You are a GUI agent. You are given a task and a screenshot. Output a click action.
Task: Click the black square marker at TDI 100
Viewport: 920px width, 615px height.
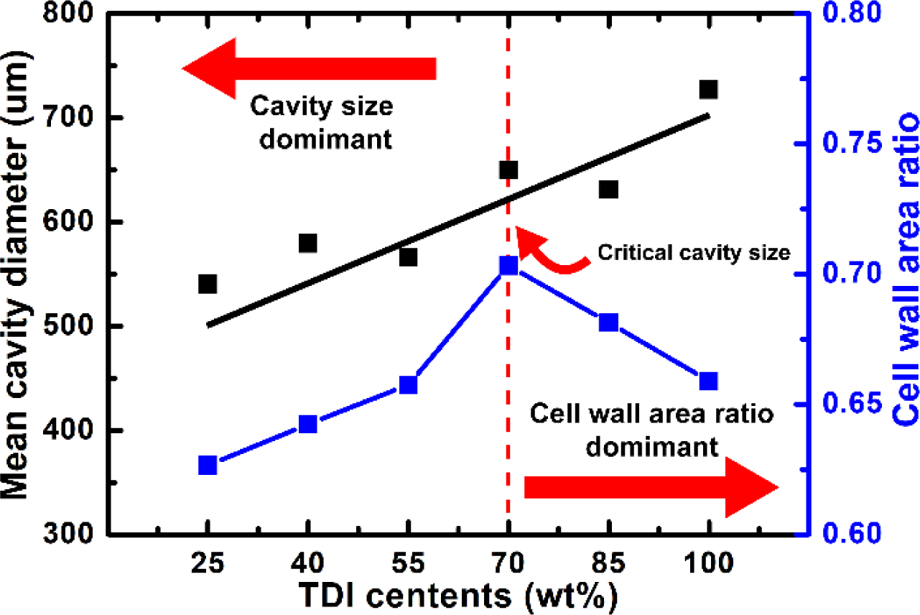[x=709, y=90]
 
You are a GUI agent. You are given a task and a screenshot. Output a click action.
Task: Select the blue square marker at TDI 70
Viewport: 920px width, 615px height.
[x=508, y=267]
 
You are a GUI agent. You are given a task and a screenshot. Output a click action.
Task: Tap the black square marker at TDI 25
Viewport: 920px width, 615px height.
[x=208, y=285]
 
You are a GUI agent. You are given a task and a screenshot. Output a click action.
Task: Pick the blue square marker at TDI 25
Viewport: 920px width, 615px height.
[x=208, y=466]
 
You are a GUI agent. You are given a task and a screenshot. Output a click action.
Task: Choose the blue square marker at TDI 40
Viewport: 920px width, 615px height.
[x=308, y=425]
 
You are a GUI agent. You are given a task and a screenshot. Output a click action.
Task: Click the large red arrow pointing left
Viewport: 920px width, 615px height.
[x=309, y=69]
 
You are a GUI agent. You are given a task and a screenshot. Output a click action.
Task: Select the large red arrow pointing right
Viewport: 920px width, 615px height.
[x=651, y=487]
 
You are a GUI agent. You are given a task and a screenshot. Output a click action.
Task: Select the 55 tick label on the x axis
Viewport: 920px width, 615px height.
[x=408, y=562]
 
